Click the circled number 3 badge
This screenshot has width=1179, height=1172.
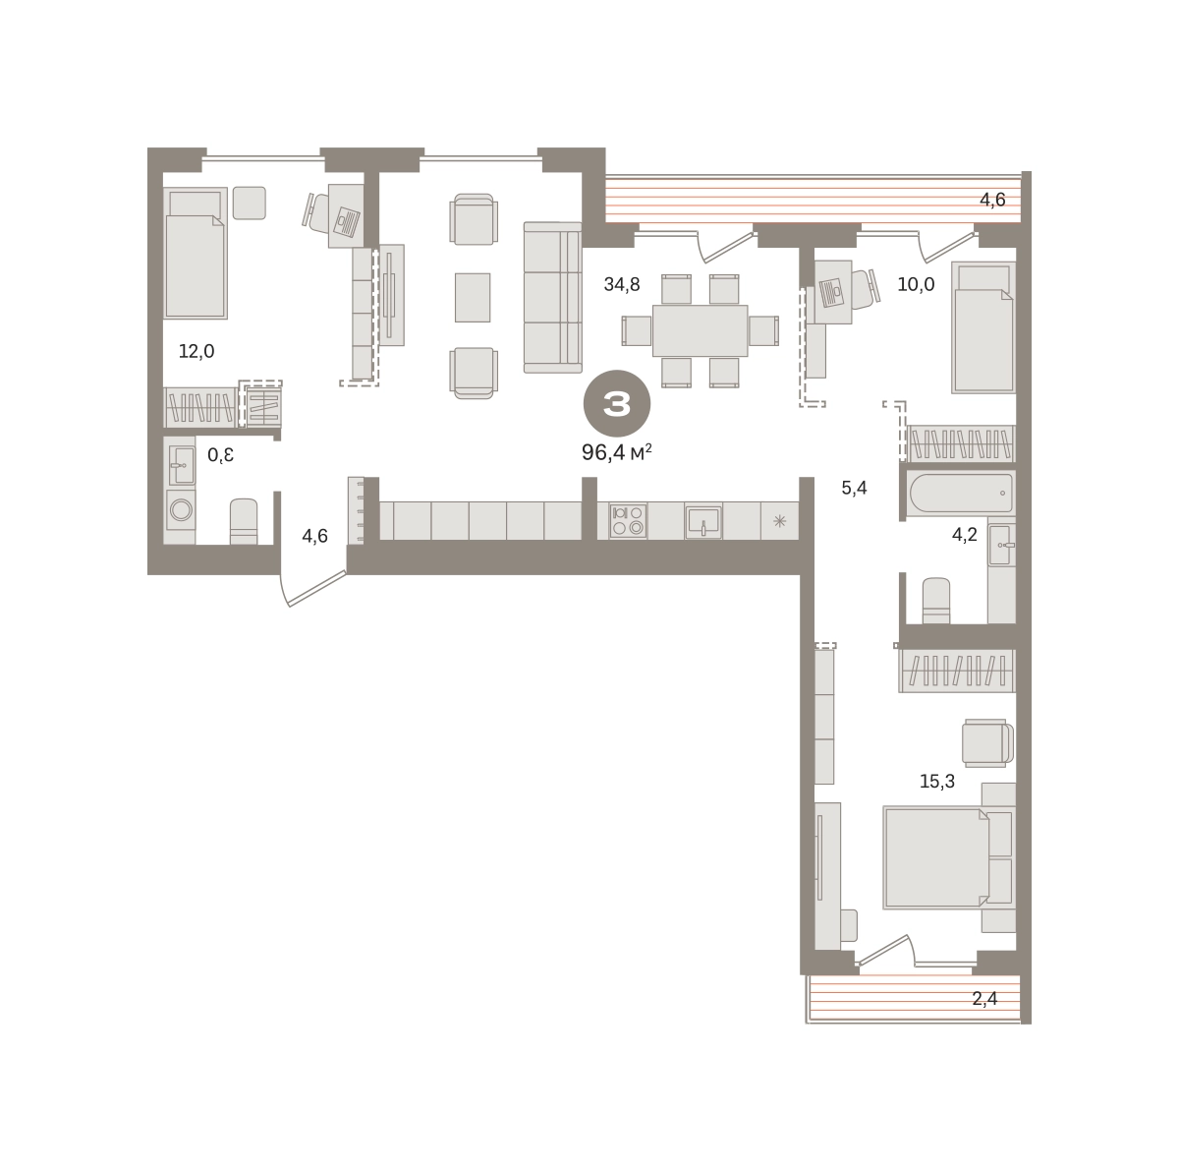[616, 403]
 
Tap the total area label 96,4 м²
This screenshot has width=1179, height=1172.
[616, 452]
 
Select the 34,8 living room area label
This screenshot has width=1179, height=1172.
[622, 284]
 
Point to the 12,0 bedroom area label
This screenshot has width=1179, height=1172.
[196, 351]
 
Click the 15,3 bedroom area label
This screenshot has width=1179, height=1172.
[937, 782]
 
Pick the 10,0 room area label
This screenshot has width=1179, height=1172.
[916, 284]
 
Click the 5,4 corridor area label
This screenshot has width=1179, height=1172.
[854, 488]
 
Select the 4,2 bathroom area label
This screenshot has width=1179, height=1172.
[964, 535]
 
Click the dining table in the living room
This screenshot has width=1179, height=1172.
[700, 330]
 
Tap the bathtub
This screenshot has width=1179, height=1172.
[960, 494]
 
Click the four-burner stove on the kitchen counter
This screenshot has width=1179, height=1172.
[629, 520]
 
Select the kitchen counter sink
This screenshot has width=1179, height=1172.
[703, 521]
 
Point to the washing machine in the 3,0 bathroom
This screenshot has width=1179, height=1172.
[181, 509]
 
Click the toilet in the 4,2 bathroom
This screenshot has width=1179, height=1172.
[936, 600]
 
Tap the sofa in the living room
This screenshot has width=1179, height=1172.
[552, 298]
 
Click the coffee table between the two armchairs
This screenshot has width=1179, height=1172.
[473, 298]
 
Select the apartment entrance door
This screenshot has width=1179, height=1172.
[313, 588]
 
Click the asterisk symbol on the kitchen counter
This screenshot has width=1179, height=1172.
[779, 521]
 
